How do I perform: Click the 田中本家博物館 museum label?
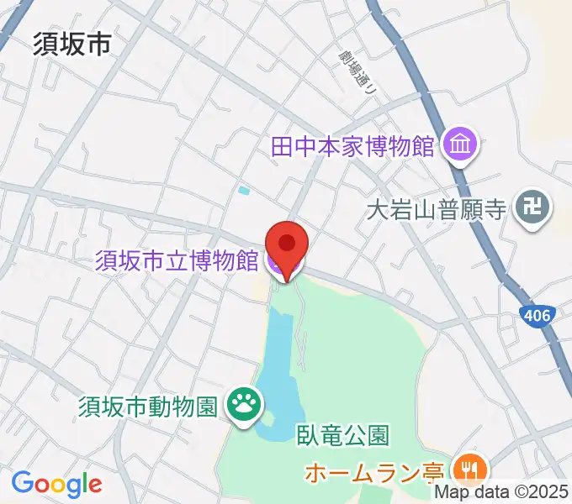pyautogui.click(x=352, y=147)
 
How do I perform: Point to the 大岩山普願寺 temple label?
pyautogui.click(x=437, y=207)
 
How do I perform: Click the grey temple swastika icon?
pyautogui.click(x=532, y=207)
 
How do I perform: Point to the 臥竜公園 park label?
pyautogui.click(x=342, y=435)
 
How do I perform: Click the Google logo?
pyautogui.click(x=56, y=485)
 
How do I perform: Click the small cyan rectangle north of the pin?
pyautogui.click(x=244, y=191)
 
